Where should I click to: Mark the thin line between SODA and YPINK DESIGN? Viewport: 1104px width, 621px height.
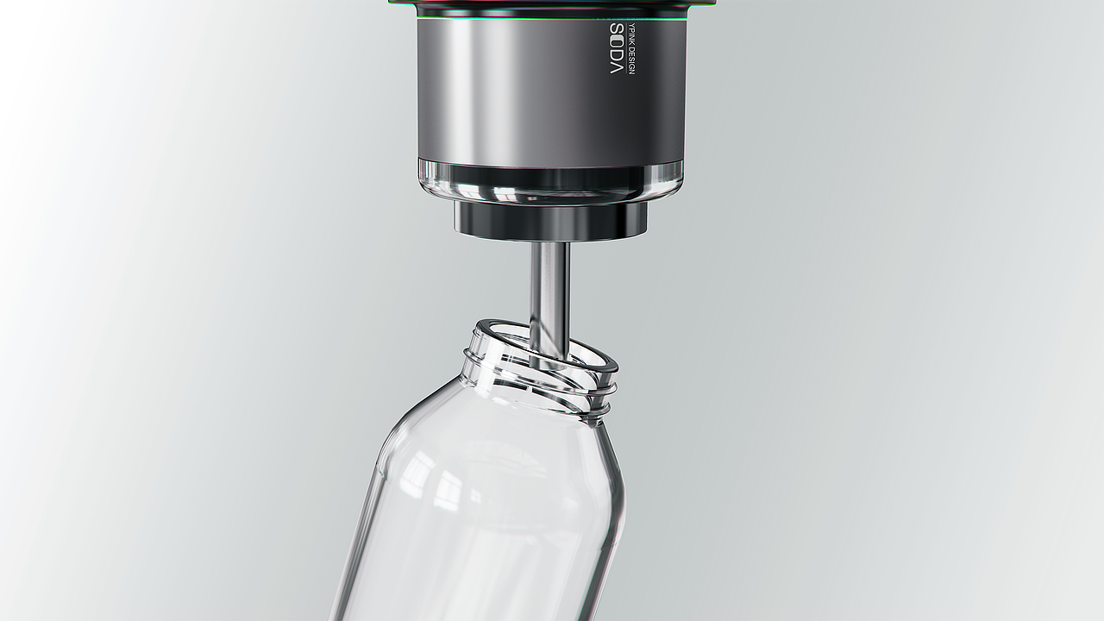coord(626,49)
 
